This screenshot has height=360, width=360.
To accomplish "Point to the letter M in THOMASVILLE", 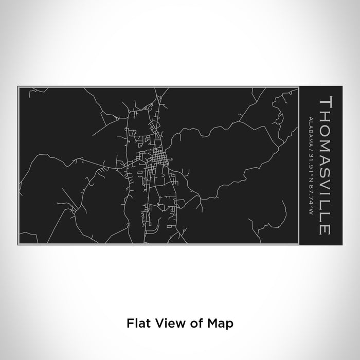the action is coord(323,141).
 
